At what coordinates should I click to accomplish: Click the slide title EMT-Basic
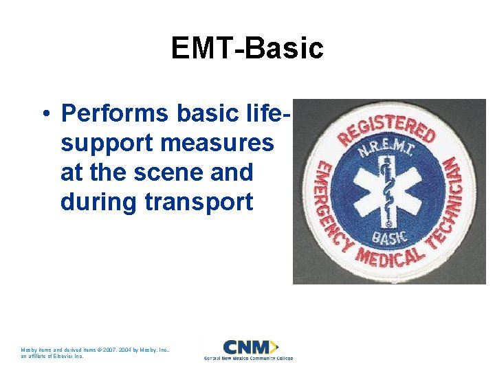coord(247,49)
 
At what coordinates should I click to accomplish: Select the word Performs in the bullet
coord(114,112)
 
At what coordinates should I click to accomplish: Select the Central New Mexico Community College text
coord(248,359)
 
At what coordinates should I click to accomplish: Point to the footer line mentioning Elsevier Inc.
coord(52,357)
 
